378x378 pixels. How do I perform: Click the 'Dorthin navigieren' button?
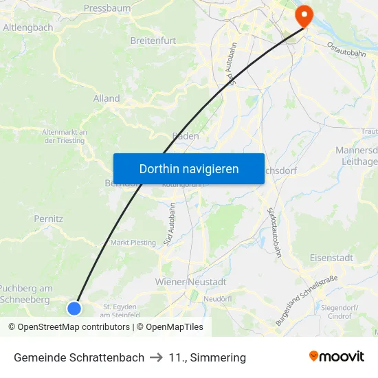(188, 168)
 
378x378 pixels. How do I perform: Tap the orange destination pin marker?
(302, 15)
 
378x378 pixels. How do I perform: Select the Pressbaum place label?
(107, 8)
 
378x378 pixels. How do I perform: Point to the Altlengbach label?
(28, 27)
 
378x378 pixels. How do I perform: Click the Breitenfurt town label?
(153, 41)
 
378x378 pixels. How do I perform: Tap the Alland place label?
(107, 98)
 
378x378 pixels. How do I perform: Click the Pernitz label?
(48, 219)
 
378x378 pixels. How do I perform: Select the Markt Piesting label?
(133, 243)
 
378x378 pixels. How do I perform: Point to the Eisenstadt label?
(331, 258)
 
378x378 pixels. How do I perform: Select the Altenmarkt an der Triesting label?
(64, 136)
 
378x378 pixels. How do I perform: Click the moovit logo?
(336, 356)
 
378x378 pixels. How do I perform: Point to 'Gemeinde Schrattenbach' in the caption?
(79, 357)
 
